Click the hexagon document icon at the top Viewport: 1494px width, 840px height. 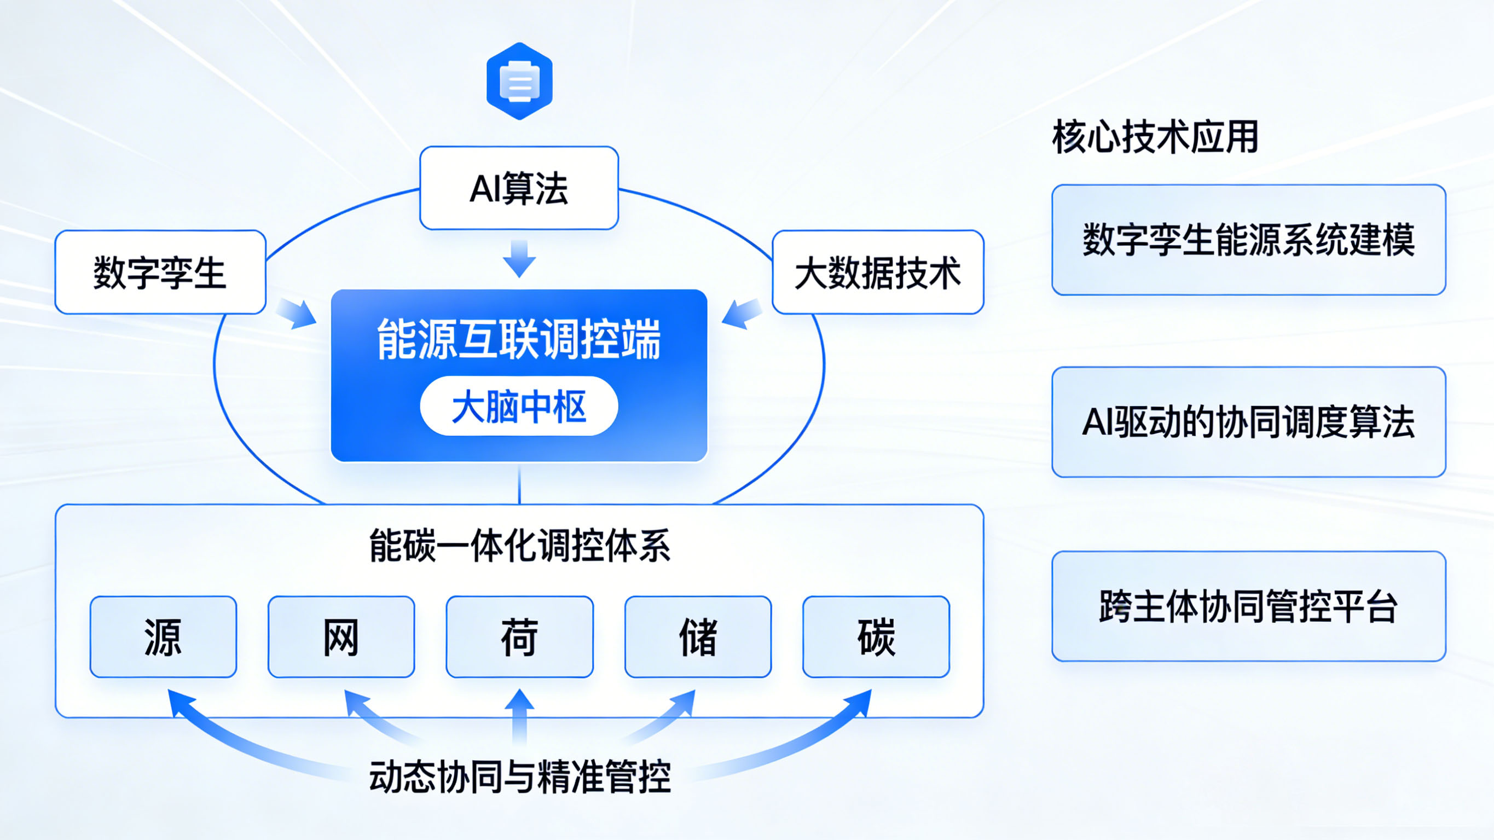519,81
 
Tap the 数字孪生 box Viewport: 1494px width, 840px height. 160,272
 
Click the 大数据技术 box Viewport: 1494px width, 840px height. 877,272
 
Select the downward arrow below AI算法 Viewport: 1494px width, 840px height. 519,258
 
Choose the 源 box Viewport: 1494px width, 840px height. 163,636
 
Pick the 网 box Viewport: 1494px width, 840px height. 341,636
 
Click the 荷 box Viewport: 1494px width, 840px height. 520,636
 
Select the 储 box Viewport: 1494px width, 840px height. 698,636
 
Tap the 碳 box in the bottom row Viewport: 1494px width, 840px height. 876,636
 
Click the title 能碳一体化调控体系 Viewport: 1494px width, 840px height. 520,545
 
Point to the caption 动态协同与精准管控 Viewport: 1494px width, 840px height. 520,776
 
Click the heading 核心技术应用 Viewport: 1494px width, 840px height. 1155,137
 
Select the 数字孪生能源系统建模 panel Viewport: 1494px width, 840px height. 1248,240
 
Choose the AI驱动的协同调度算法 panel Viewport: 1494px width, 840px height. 1248,422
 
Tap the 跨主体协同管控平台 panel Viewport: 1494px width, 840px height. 1248,606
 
